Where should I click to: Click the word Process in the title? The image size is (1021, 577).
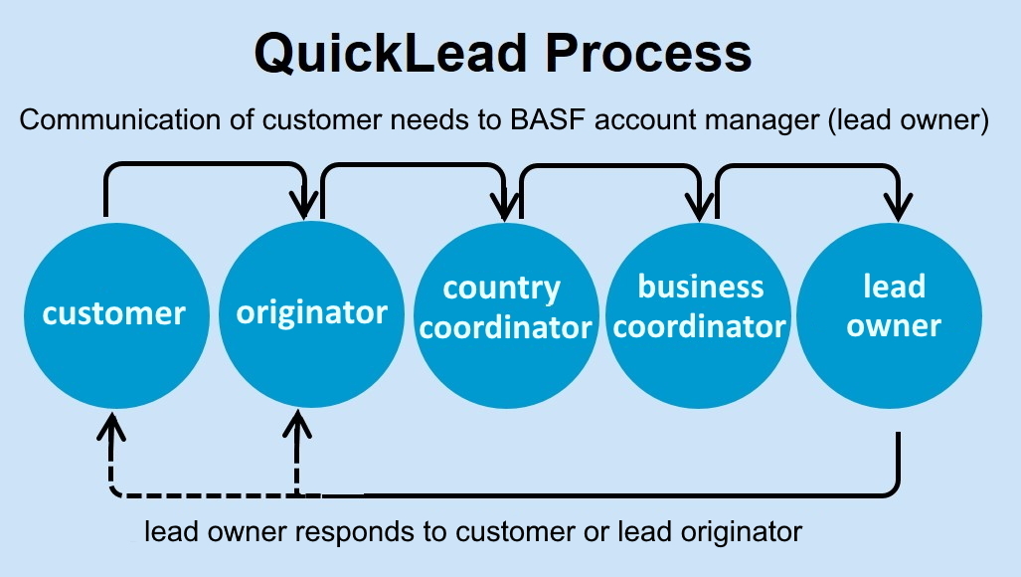[x=658, y=52]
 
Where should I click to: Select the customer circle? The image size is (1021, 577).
[x=113, y=314]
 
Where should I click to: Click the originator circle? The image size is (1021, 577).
[x=311, y=314]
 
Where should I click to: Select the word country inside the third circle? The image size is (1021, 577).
[x=501, y=289]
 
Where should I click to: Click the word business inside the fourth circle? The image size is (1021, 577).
[x=700, y=288]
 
